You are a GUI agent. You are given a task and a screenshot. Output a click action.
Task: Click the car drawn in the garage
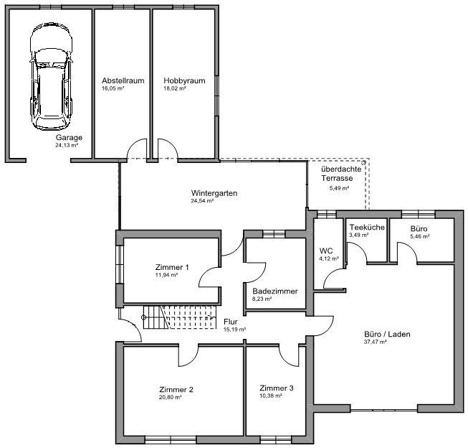coord(51,76)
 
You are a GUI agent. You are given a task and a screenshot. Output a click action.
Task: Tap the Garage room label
coord(69,138)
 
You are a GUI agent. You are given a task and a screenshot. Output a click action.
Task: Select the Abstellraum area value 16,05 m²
coord(113,88)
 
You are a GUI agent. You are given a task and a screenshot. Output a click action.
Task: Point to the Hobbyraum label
coord(184,80)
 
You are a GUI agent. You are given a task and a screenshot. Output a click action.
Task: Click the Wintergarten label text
coord(214,193)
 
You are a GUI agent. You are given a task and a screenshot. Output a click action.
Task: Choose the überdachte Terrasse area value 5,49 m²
coord(340,188)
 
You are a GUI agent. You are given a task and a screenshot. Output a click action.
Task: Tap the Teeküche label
coord(367,228)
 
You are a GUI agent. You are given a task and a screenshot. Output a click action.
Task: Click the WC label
coord(326,251)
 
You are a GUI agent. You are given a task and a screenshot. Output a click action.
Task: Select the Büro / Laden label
coord(387,334)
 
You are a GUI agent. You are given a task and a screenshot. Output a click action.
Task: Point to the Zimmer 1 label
coord(172,267)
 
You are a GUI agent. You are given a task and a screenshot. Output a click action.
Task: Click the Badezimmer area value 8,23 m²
coord(262,299)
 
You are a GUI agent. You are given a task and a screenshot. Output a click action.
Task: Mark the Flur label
coord(231,322)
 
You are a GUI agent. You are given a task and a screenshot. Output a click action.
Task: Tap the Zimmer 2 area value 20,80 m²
coord(171,398)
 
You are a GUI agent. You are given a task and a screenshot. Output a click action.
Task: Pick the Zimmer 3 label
coord(277,388)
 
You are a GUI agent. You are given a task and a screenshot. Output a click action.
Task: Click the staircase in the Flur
coord(180,317)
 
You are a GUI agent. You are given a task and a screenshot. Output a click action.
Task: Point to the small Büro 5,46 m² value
coord(420,236)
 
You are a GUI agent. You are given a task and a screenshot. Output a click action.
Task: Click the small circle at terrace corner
coord(364,162)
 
